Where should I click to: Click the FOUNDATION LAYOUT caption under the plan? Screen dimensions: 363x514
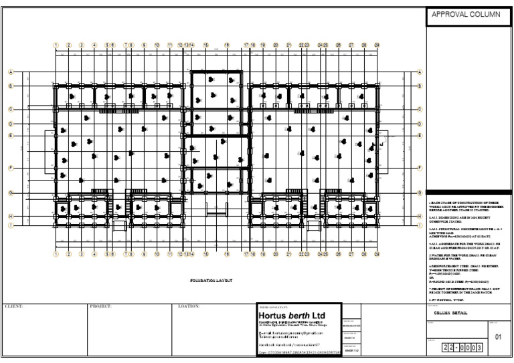tap(210, 281)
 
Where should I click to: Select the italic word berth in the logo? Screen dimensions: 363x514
tap(305, 315)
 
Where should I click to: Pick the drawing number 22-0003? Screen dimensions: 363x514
tap(462, 348)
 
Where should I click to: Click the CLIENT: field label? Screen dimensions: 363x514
tap(15, 306)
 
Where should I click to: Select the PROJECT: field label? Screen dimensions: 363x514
tap(100, 306)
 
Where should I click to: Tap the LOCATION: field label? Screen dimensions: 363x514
tap(189, 306)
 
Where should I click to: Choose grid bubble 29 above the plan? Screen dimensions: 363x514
tap(377, 45)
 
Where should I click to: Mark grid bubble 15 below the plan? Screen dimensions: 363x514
tap(205, 255)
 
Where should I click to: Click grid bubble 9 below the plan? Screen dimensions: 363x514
tap(144, 255)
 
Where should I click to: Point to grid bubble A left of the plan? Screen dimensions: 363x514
tap(11, 72)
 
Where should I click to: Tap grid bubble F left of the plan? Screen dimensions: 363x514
tap(11, 168)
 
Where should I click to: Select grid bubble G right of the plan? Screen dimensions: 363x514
tap(420, 193)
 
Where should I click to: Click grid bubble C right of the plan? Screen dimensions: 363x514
tap(420, 109)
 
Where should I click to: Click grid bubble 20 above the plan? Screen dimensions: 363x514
tap(276, 45)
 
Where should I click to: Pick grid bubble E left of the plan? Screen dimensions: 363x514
tap(11, 136)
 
